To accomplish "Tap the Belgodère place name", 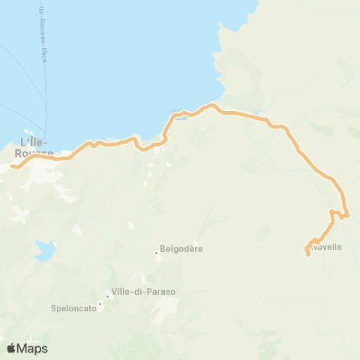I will (182, 250).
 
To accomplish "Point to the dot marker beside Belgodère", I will (157, 252).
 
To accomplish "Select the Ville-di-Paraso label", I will (143, 292).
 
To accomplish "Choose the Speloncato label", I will (74, 307).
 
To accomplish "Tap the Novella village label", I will (328, 247).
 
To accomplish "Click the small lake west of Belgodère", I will (44, 250).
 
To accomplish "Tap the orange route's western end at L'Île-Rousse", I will (11, 166).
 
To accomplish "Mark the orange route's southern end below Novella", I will (307, 256).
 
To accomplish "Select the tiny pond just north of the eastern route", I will (259, 113).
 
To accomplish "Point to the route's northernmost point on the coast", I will (212, 106).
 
